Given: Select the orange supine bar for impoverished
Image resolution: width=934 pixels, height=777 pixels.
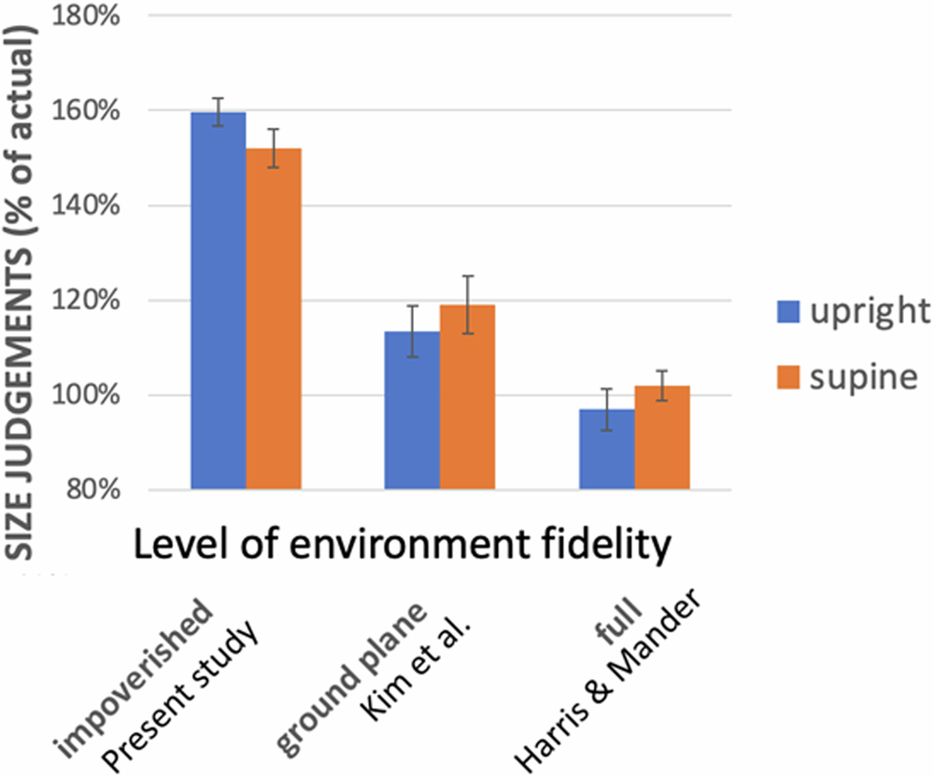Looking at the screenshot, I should [274, 318].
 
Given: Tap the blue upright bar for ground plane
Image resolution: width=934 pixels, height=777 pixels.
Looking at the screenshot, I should [413, 410].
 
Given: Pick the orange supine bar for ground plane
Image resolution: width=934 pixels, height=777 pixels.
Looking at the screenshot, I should [468, 397].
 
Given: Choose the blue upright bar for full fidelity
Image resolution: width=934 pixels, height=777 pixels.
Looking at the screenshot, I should [607, 448].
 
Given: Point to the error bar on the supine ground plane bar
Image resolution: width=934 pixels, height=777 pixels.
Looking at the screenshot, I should [468, 304].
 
